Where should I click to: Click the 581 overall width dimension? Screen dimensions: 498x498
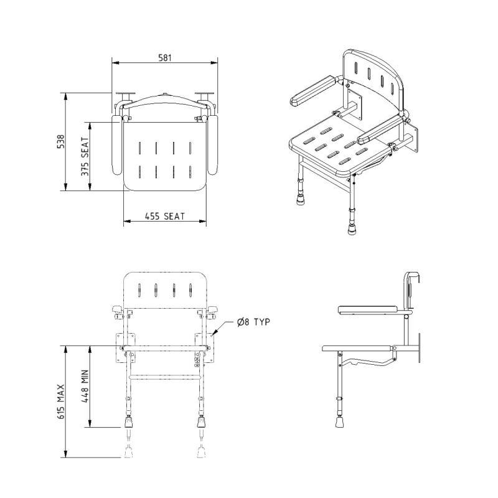point(164,57)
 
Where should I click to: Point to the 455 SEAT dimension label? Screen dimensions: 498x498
point(165,216)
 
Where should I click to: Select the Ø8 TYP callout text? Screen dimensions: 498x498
point(252,321)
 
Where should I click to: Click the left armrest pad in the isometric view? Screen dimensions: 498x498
point(312,92)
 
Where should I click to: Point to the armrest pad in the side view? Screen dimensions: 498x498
point(367,309)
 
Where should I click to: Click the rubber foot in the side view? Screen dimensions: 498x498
point(340,421)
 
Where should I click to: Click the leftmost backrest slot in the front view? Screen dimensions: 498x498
point(140,290)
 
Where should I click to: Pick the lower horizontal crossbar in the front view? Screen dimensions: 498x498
point(165,375)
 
